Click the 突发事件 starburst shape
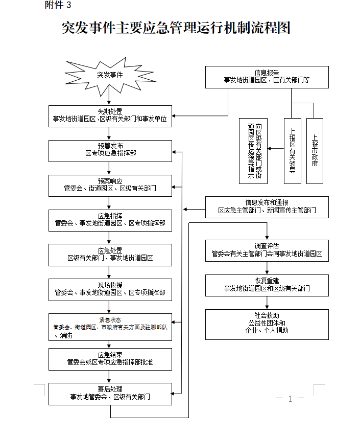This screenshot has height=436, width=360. click(110, 75)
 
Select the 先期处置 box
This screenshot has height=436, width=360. click(110, 117)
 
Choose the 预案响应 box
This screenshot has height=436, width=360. click(110, 186)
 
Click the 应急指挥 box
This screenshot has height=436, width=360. click(110, 220)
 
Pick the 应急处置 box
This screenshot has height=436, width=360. click(110, 255)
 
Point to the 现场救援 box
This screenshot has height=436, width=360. click(110, 289)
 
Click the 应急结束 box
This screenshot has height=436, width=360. click(110, 359)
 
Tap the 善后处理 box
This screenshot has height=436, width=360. click(110, 393)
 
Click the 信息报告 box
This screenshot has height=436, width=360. click(267, 77)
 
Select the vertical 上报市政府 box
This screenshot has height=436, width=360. click(315, 151)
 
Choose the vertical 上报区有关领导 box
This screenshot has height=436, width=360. click(292, 151)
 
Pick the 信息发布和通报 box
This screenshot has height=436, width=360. click(267, 207)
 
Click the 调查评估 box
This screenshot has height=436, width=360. click(267, 250)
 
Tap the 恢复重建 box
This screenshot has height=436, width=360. click(267, 285)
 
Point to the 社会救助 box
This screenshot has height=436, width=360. click(267, 324)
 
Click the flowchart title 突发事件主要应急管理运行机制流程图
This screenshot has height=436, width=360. click(176, 28)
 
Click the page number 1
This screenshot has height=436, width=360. click(290, 399)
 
